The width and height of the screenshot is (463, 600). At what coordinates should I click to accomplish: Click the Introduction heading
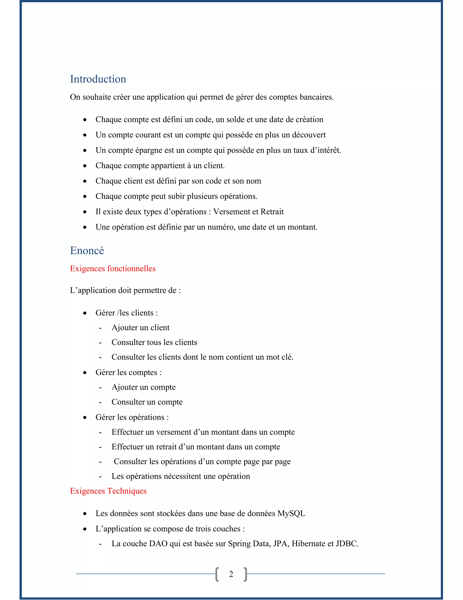click(98, 79)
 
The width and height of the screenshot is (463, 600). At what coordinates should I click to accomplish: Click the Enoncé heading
click(87, 251)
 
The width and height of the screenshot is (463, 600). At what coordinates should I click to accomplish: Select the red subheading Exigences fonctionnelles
click(113, 268)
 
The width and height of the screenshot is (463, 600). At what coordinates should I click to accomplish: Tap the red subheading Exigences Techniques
click(108, 491)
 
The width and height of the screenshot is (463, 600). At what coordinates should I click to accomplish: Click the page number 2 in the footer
click(231, 574)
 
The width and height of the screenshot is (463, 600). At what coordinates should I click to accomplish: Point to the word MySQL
click(291, 513)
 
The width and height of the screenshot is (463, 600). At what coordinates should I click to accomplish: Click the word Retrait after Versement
click(272, 211)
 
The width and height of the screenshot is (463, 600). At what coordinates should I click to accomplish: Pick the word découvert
click(309, 135)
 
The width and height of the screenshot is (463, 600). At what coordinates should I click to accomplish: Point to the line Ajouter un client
click(140, 327)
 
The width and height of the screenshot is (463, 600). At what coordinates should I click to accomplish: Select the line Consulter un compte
click(147, 402)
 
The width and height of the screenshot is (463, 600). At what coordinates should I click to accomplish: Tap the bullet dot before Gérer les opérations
click(85, 418)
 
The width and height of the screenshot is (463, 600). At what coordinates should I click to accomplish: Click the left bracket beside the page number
click(217, 574)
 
